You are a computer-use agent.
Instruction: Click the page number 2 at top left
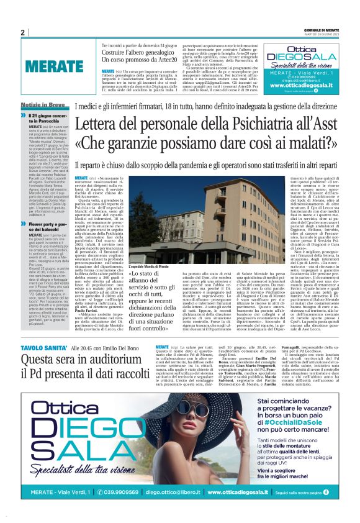coord(22,32)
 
